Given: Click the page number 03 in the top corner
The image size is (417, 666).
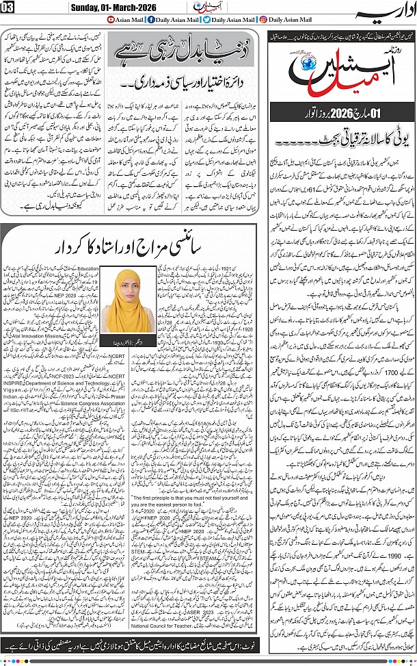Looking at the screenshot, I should click(x=10, y=8).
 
